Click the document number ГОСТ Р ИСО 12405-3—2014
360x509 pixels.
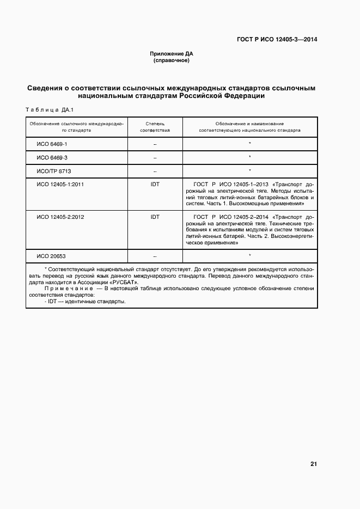click(277, 39)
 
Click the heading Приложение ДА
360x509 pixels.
click(172, 54)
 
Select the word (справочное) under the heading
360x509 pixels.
click(172, 60)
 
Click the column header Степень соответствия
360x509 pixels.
click(155, 127)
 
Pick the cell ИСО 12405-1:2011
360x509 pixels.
click(60, 185)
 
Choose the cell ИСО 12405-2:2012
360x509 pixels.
click(60, 217)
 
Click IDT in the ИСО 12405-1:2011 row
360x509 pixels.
click(155, 185)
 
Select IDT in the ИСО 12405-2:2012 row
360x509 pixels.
click(155, 217)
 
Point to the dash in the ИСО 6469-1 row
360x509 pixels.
click(155, 144)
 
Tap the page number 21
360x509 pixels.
click(313, 464)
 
